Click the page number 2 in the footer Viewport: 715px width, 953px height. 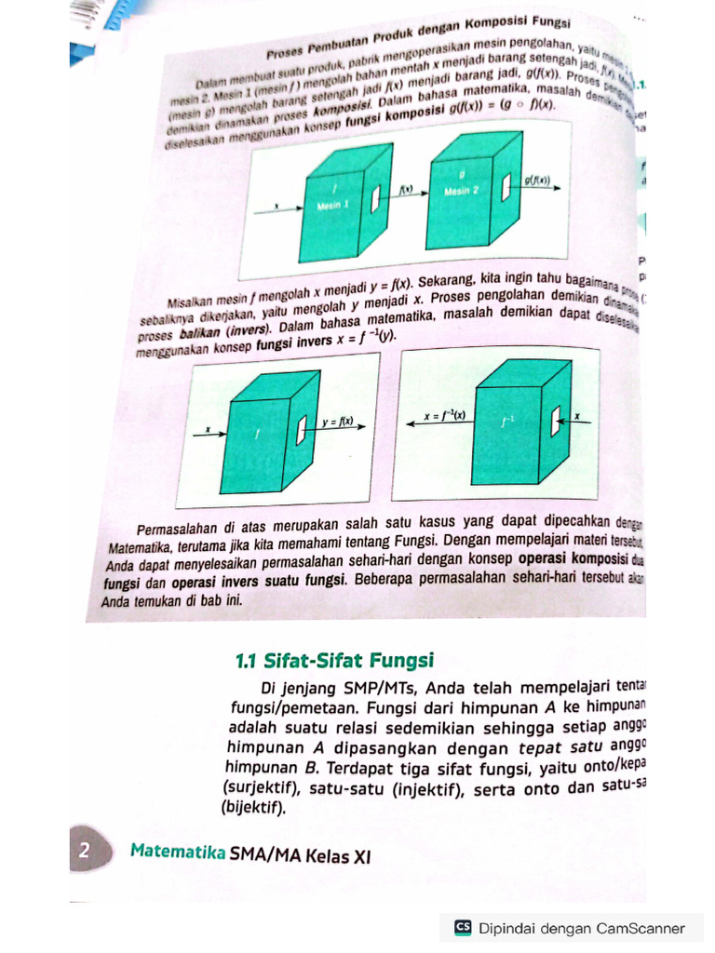coord(84,850)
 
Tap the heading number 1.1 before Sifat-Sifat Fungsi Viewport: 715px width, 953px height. coord(246,662)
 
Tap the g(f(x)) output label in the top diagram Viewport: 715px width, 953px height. coord(538,180)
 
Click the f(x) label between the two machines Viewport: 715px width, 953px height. coord(406,189)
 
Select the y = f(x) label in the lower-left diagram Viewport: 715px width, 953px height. coord(336,421)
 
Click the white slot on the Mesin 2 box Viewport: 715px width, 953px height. coord(506,188)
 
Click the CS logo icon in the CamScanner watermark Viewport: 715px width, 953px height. coord(463,928)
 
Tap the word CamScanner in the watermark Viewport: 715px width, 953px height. coord(641,928)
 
